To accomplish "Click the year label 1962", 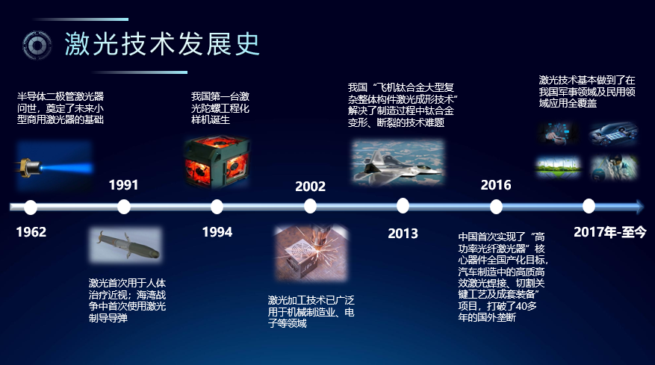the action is point(31,232).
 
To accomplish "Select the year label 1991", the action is point(123,185).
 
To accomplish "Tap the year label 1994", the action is point(217,232).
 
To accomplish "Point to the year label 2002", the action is point(310,187).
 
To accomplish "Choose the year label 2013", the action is point(403,233).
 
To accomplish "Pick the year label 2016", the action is point(496,185).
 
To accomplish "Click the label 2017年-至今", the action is point(610,232).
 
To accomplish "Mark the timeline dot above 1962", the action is point(31,208).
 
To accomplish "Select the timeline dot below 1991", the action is point(124,207).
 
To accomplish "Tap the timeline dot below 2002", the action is point(310,206).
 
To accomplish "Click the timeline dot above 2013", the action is point(403,205).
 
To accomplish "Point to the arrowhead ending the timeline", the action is point(640,207).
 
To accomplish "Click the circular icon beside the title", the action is point(37,45).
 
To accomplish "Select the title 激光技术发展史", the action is point(162,44).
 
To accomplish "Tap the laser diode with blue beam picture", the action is point(55,166).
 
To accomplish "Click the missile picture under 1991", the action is point(125,245).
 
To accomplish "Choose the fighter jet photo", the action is point(398,162).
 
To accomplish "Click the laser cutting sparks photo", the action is point(311,253).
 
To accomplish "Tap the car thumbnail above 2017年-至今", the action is point(613,134).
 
